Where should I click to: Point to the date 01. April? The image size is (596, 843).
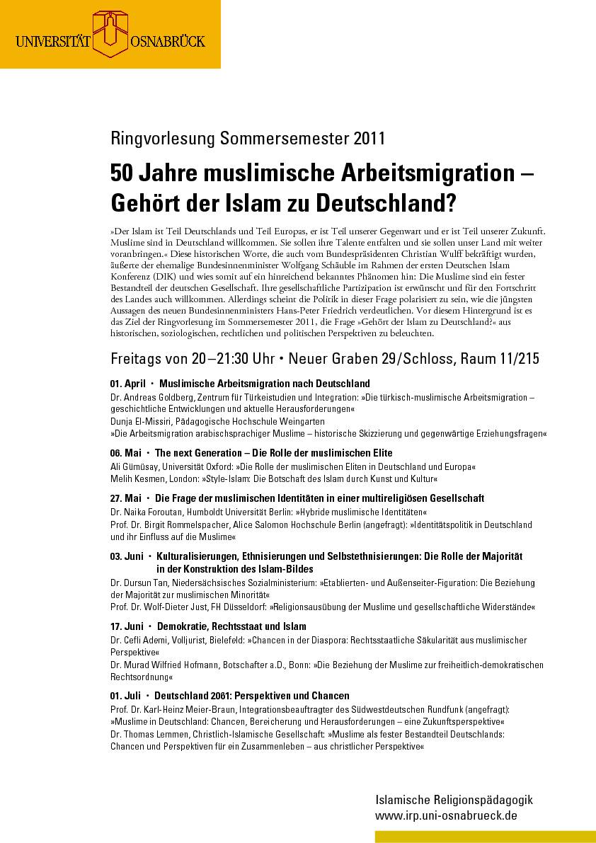pyautogui.click(x=128, y=384)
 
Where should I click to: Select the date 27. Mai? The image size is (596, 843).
pyautogui.click(x=126, y=498)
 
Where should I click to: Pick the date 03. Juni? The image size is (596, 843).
pyautogui.click(x=127, y=556)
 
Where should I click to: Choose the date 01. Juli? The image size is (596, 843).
pyautogui.click(x=126, y=696)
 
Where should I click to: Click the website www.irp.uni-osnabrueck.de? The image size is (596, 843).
pyautogui.click(x=446, y=815)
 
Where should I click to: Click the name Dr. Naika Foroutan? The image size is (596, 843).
pyautogui.click(x=146, y=511)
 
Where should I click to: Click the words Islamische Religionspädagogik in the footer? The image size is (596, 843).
pyautogui.click(x=454, y=801)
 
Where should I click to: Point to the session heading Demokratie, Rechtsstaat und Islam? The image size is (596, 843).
pyautogui.click(x=231, y=626)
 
